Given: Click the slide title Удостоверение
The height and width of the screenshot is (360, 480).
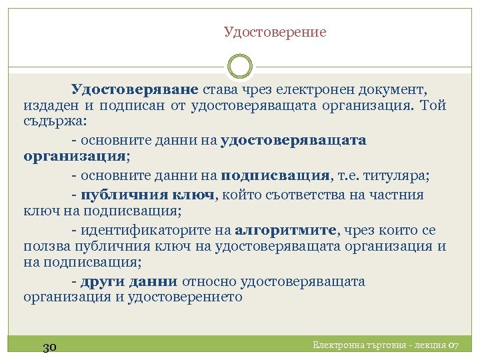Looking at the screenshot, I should (x=275, y=32).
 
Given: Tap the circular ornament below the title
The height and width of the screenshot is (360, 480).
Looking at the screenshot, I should (x=240, y=67).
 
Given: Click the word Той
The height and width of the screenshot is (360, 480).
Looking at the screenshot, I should (x=433, y=106).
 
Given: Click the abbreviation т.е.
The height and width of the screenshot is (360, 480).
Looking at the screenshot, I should (x=347, y=176).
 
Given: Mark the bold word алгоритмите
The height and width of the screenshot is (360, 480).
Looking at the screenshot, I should (x=286, y=231).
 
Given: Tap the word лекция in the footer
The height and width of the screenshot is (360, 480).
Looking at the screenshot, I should (x=431, y=345).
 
